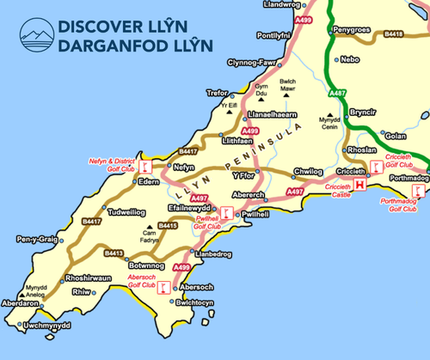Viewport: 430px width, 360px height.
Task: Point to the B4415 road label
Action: point(168,225)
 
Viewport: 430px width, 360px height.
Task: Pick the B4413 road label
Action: point(114,253)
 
